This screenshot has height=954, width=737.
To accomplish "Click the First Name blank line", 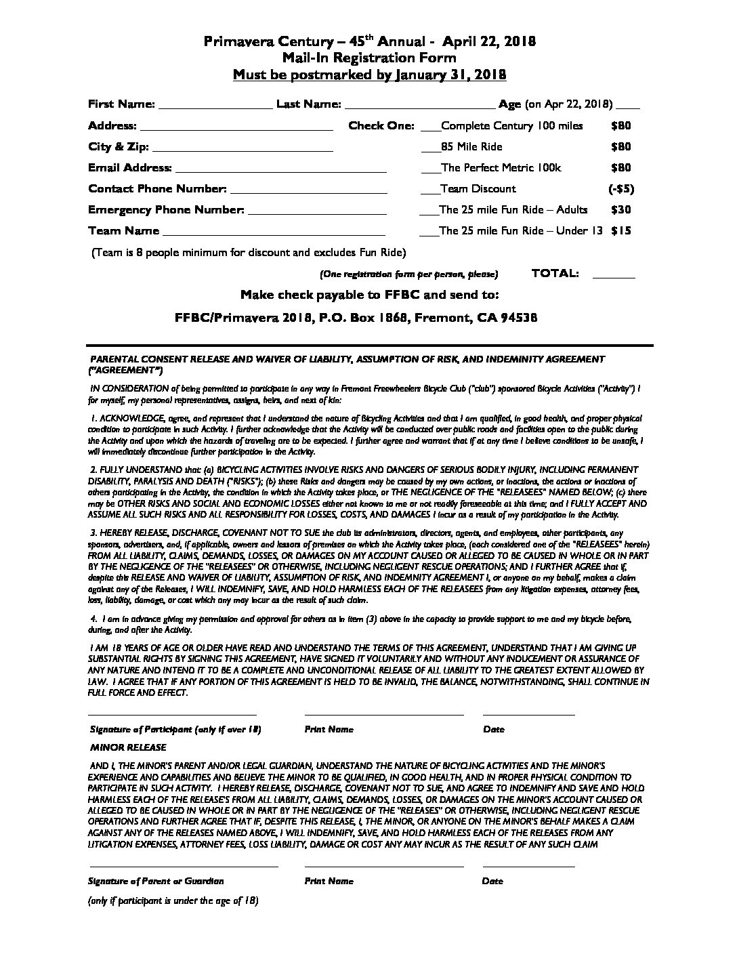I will [x=215, y=106].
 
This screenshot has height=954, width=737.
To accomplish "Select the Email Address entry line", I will [x=280, y=170].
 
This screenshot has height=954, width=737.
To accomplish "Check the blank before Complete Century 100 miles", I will [x=429, y=128].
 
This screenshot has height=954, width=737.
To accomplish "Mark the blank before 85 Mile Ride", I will [x=429, y=149].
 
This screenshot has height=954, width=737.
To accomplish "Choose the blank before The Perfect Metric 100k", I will [x=429, y=170].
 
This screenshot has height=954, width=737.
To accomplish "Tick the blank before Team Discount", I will [x=429, y=191].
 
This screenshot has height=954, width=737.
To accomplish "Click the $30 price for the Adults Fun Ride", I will [x=620, y=210].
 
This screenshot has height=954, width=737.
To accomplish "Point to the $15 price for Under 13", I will [x=620, y=231].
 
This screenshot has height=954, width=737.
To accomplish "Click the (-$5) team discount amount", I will [x=620, y=189].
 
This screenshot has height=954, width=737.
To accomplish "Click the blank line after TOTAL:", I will [x=613, y=276].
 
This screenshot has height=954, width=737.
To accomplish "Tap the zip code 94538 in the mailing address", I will [x=518, y=317].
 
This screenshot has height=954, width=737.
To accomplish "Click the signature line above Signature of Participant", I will [x=172, y=713].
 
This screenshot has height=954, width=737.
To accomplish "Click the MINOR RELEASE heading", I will [x=128, y=747].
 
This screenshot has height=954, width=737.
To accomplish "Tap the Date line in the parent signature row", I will [x=528, y=865].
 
